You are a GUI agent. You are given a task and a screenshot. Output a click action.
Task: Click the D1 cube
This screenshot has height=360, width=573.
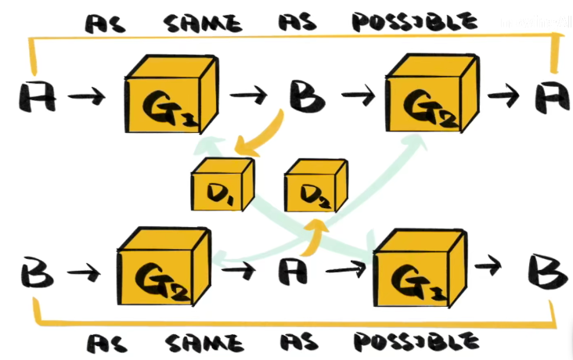pyautogui.click(x=222, y=185)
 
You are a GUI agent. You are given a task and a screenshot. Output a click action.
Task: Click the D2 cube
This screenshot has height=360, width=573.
pyautogui.click(x=315, y=188)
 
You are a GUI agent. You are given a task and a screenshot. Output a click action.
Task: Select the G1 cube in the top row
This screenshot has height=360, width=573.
pyautogui.click(x=169, y=97)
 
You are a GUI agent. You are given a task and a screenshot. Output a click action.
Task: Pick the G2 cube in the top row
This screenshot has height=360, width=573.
pyautogui.click(x=429, y=97)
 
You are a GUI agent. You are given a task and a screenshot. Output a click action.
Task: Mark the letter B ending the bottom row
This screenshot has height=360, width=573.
pyautogui.click(x=542, y=271)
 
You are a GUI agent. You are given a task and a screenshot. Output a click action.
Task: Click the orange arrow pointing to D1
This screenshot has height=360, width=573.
pyautogui.click(x=266, y=135)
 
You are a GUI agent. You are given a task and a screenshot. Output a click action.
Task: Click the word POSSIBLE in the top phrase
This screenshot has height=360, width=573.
pyautogui.click(x=413, y=20)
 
